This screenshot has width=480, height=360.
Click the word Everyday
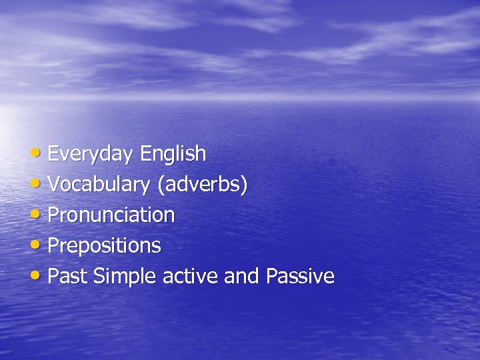91,155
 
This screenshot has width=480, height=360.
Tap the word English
173,155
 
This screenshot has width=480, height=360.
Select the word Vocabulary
99,185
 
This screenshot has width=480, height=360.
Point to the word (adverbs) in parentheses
202,185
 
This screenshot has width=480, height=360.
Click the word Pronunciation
111,215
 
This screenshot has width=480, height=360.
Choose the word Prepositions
105,246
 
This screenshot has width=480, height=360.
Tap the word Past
68,276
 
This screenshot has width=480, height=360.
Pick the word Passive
300,276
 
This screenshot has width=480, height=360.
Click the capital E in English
145,155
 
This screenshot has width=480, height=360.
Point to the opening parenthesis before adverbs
160,185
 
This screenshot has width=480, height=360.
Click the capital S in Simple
99,276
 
